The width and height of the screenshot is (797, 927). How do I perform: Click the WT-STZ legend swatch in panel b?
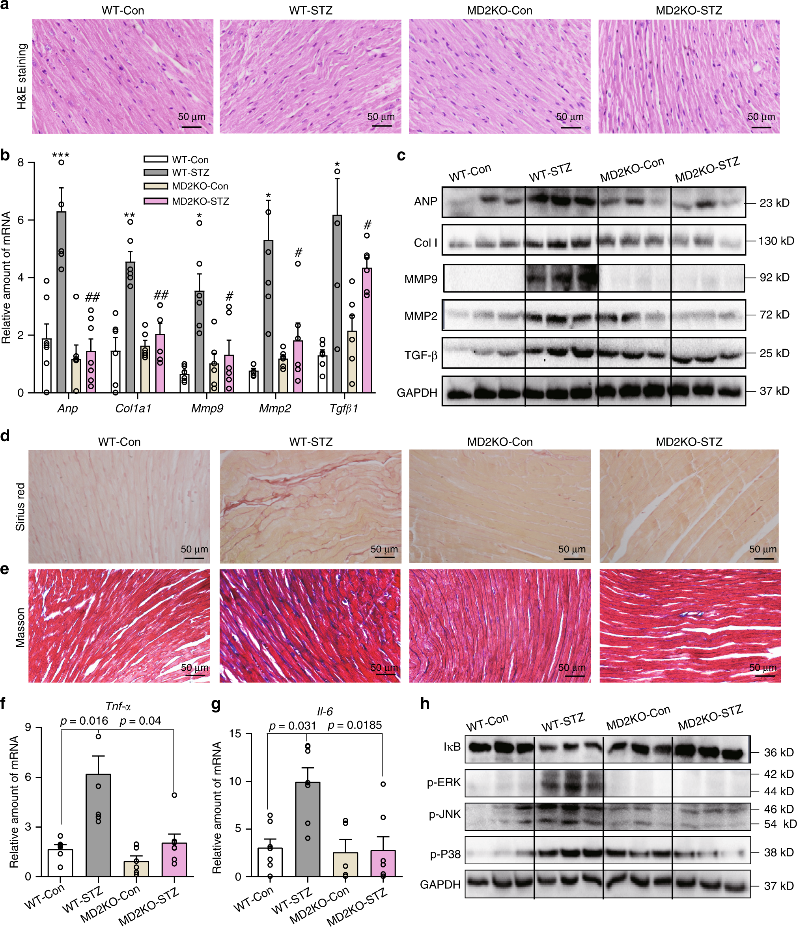[155, 172]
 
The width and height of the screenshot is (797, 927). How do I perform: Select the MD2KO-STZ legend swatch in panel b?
[155, 201]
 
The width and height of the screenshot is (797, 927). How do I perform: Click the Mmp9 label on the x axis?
[207, 408]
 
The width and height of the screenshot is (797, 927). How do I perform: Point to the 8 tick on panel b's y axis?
[21, 162]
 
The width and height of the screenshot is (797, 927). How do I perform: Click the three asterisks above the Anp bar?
[61, 155]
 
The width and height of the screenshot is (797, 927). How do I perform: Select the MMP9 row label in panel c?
[420, 279]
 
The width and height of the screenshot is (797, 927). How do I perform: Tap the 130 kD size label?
[776, 241]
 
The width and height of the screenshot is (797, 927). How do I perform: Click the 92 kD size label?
[774, 277]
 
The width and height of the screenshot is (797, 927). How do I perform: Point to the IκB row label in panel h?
[452, 746]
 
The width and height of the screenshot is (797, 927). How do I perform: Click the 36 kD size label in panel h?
[778, 752]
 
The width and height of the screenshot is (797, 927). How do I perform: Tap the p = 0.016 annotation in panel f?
[84, 720]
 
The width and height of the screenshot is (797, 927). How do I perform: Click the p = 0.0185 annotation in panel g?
[355, 725]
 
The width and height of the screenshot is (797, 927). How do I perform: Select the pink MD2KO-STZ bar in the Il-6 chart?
[383, 863]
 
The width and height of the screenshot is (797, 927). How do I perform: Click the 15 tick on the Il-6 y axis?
[235, 734]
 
